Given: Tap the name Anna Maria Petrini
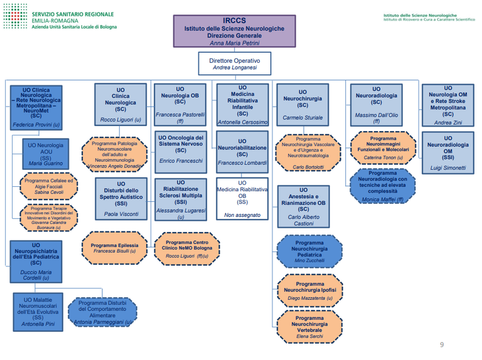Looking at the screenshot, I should [x=234, y=43].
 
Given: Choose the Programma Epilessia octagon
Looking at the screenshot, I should [x=114, y=248].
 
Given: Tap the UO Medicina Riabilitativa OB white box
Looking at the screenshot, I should [x=242, y=199].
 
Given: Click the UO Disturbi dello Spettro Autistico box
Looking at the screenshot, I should [x=120, y=199].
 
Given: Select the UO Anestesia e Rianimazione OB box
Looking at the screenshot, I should [x=304, y=207].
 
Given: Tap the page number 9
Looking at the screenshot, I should [x=441, y=344].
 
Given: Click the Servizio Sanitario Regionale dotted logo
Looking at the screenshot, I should [x=14, y=19].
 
